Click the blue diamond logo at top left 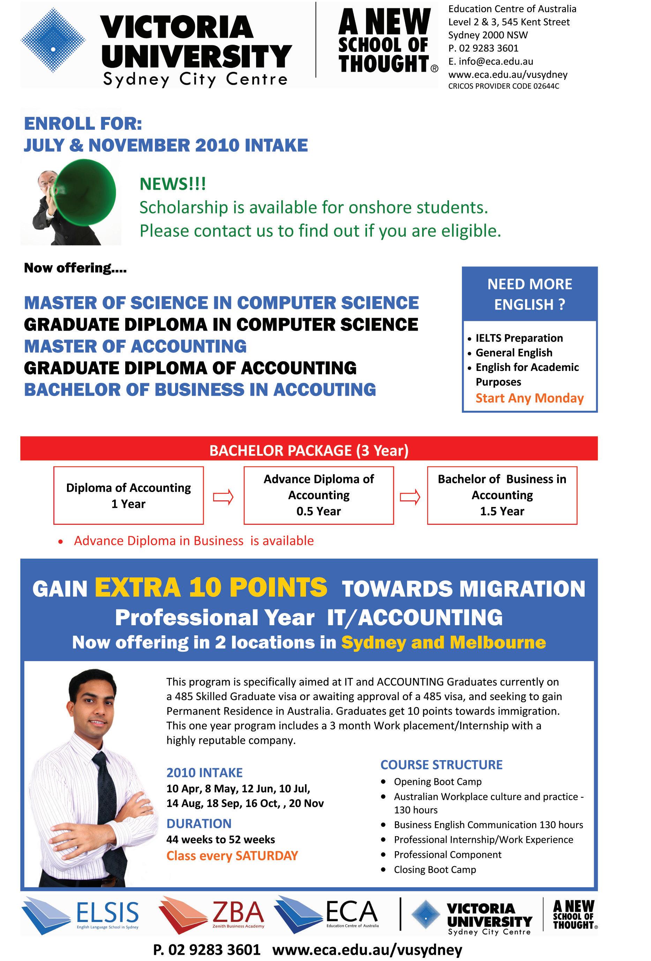pos(53,41)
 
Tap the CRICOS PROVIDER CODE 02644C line pos(503,86)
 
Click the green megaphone pos(85,192)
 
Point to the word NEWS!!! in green pos(172,184)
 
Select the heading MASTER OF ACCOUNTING pos(135,346)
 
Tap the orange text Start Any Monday pos(529,398)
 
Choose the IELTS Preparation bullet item pos(519,338)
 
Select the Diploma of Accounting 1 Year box pos(128,495)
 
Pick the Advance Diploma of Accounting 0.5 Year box pos(319,495)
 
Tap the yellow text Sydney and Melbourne pos(443,642)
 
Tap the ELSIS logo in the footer pos(81,915)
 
